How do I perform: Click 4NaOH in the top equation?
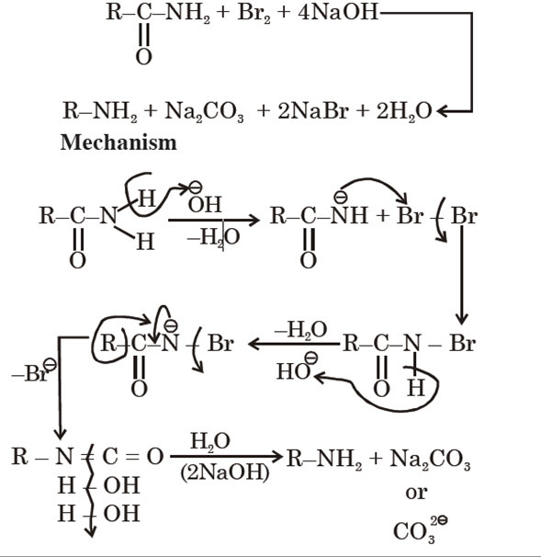click(x=332, y=15)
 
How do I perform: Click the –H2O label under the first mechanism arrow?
click(x=212, y=239)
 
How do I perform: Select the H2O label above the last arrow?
click(x=209, y=441)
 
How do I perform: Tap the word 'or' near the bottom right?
click(x=416, y=493)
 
